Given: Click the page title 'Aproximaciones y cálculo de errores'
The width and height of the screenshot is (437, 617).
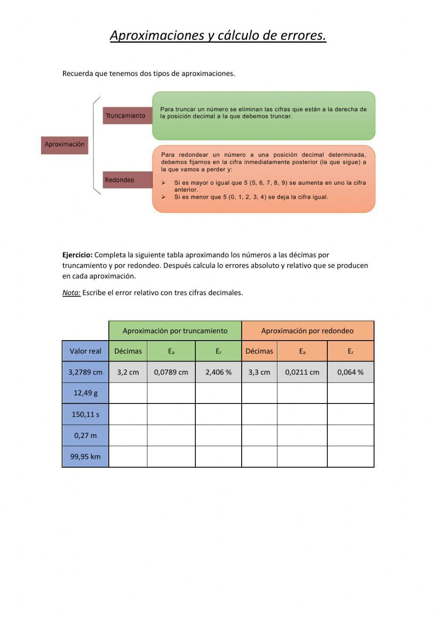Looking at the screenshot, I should tap(218, 35).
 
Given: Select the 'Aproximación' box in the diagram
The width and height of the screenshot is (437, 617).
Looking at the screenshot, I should tap(65, 145).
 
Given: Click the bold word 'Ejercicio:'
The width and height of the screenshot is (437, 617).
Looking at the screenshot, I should tap(77, 255).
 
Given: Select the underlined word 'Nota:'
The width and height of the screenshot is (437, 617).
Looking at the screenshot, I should tap(71, 293).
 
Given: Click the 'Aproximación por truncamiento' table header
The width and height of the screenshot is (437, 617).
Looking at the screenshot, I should tap(175, 331).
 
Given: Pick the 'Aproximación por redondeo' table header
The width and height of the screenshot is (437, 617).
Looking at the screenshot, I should tap(307, 331).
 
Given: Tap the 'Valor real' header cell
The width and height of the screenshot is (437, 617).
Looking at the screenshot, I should tap(85, 351).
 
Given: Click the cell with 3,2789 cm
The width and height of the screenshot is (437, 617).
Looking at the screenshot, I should tap(85, 372).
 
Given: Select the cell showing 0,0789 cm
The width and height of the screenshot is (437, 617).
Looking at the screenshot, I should tap(171, 372).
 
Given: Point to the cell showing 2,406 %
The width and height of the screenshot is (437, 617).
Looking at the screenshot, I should tap(218, 372).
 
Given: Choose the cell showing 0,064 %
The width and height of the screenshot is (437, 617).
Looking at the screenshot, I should tap(350, 372).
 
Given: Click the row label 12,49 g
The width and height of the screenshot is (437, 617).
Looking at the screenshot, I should tap(85, 393).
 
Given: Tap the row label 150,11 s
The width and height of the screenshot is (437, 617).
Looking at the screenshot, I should tap(85, 414).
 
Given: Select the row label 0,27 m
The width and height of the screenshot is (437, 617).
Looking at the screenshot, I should tap(85, 435).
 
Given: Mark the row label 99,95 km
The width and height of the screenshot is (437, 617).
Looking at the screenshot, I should tap(85, 457).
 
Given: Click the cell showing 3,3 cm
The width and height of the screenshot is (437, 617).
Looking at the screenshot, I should tap(259, 372).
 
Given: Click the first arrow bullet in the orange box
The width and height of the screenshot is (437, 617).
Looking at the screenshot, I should tap(163, 183).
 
